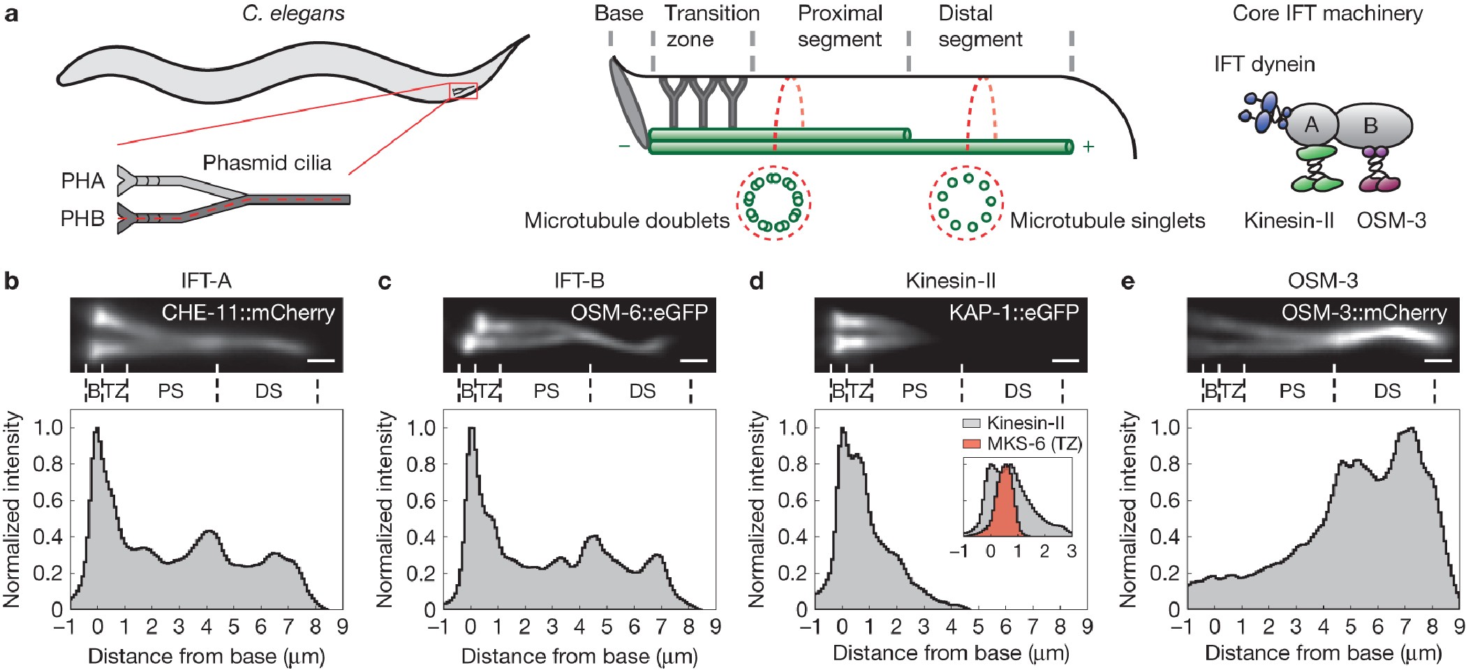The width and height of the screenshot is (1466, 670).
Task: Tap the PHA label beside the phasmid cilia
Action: (82, 181)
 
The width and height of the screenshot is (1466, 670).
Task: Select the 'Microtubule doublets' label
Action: (626, 221)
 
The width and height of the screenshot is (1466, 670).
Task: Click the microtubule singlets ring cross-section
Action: (965, 203)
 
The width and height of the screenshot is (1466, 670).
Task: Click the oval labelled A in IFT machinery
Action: (1311, 126)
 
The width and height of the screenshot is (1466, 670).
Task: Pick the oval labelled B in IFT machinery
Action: (1372, 126)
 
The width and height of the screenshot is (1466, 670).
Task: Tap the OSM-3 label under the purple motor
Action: (1391, 221)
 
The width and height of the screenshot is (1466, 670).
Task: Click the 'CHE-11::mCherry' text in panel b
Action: (248, 313)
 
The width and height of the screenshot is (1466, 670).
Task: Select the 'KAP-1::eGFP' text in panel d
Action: (1014, 312)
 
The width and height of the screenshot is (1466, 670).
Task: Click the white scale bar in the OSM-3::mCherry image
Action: (1438, 361)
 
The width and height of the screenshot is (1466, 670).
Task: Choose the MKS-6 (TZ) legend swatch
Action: (972, 444)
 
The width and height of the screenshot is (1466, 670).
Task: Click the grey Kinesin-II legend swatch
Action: (972, 424)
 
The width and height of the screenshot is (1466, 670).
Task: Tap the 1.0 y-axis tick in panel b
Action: (48, 427)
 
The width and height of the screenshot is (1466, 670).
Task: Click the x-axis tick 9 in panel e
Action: (1458, 627)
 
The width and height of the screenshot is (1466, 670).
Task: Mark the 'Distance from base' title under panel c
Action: (579, 656)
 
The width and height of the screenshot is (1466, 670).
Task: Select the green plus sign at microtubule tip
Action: (1088, 147)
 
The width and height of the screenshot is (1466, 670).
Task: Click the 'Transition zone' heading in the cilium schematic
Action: (711, 27)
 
